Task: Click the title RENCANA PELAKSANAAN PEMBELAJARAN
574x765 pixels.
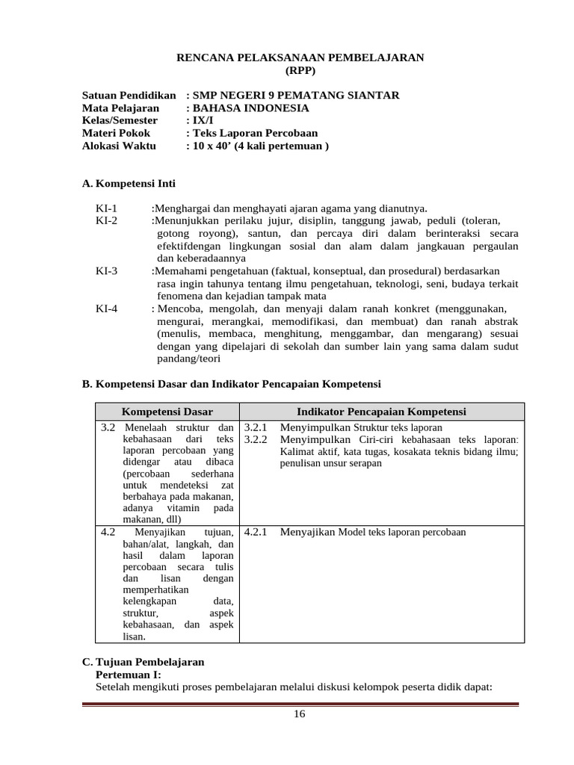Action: pyautogui.click(x=299, y=58)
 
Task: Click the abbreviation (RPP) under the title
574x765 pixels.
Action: pyautogui.click(x=300, y=70)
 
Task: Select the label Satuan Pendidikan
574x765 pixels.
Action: pyautogui.click(x=129, y=96)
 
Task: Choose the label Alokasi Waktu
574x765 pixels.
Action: pyautogui.click(x=119, y=146)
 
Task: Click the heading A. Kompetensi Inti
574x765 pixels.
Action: pyautogui.click(x=129, y=183)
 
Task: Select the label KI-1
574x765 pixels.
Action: pyautogui.click(x=107, y=208)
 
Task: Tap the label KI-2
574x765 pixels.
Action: pyautogui.click(x=107, y=221)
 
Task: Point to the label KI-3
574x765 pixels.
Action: pyautogui.click(x=107, y=270)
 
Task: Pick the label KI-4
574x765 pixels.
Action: pyautogui.click(x=107, y=308)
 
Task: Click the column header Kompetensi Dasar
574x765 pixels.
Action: pyautogui.click(x=167, y=412)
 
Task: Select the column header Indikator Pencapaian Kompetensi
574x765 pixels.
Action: pyautogui.click(x=381, y=412)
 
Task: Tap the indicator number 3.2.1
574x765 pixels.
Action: pyautogui.click(x=256, y=427)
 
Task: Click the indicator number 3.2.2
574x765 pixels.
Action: pyautogui.click(x=256, y=439)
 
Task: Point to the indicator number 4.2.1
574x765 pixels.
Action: pyautogui.click(x=256, y=533)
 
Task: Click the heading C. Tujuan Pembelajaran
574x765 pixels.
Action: pyautogui.click(x=142, y=662)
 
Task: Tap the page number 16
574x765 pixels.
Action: pyautogui.click(x=299, y=714)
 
